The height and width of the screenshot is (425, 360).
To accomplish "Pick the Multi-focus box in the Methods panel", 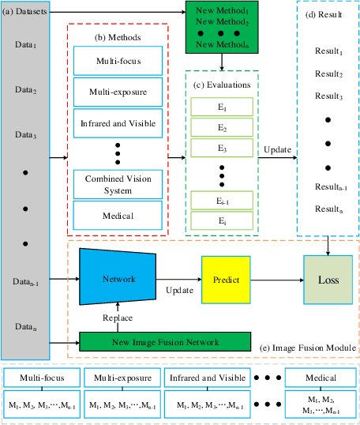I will [x=118, y=60].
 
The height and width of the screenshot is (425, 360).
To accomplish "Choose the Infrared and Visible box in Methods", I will [x=118, y=123].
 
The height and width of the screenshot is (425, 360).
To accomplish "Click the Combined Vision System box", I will [x=118, y=184].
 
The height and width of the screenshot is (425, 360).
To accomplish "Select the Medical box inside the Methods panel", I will [x=118, y=215].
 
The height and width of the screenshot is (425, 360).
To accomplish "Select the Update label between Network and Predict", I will [x=179, y=291].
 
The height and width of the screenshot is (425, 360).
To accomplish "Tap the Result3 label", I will [x=328, y=96].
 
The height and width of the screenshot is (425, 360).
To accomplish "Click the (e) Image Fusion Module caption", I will [x=302, y=348].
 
